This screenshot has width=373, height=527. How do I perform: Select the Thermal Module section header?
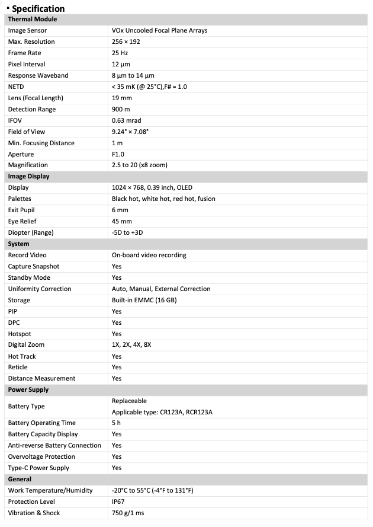(33, 19)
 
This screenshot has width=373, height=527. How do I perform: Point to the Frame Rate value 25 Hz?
(120, 53)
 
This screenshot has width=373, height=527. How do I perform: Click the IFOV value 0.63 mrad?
(126, 120)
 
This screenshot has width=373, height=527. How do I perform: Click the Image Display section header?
(28, 176)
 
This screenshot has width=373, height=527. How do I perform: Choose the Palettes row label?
(20, 199)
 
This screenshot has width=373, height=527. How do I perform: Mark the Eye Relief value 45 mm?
(122, 221)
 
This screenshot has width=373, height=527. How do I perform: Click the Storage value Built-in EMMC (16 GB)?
(144, 300)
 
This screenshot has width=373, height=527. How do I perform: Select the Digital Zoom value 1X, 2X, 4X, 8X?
(131, 344)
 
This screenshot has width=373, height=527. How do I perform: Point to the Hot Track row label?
(22, 356)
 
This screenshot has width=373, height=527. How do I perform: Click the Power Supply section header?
(28, 389)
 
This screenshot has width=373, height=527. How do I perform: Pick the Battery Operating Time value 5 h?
(116, 423)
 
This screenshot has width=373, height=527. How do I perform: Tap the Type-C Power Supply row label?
(38, 468)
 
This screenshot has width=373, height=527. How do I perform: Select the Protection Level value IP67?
(119, 502)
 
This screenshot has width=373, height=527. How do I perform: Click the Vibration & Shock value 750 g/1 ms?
(128, 513)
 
